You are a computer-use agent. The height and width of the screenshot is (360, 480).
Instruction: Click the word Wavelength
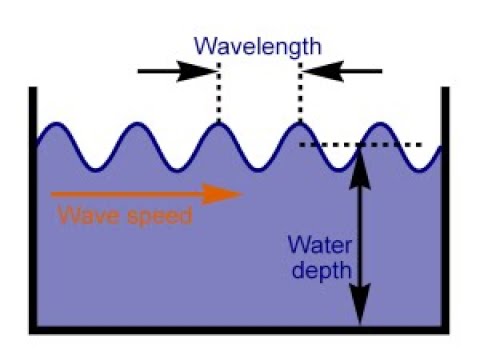click(259, 46)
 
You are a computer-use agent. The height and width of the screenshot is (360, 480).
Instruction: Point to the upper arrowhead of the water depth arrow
click(360, 160)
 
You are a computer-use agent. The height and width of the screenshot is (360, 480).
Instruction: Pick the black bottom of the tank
click(240, 329)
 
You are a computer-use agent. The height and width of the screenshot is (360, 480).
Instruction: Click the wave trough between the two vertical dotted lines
click(259, 166)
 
